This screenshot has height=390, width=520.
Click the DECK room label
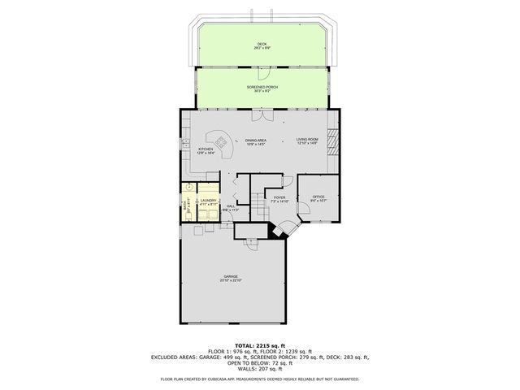click(261, 46)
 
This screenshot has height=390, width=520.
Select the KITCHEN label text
click(206, 150)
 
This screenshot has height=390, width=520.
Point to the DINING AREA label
click(256, 142)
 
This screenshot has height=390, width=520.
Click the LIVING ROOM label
click(306, 142)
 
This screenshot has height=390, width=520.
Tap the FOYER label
click(279, 199)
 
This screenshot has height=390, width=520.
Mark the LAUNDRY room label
click(209, 202)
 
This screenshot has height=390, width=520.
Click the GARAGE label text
click(231, 278)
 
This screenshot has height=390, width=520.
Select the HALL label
click(231, 208)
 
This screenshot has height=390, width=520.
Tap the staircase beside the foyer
click(258, 201)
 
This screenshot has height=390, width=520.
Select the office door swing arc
click(305, 213)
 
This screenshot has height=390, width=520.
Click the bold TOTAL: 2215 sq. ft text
click(260, 345)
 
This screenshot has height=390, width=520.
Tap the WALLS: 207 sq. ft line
click(260, 370)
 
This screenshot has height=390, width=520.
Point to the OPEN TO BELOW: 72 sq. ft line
click(260, 363)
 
